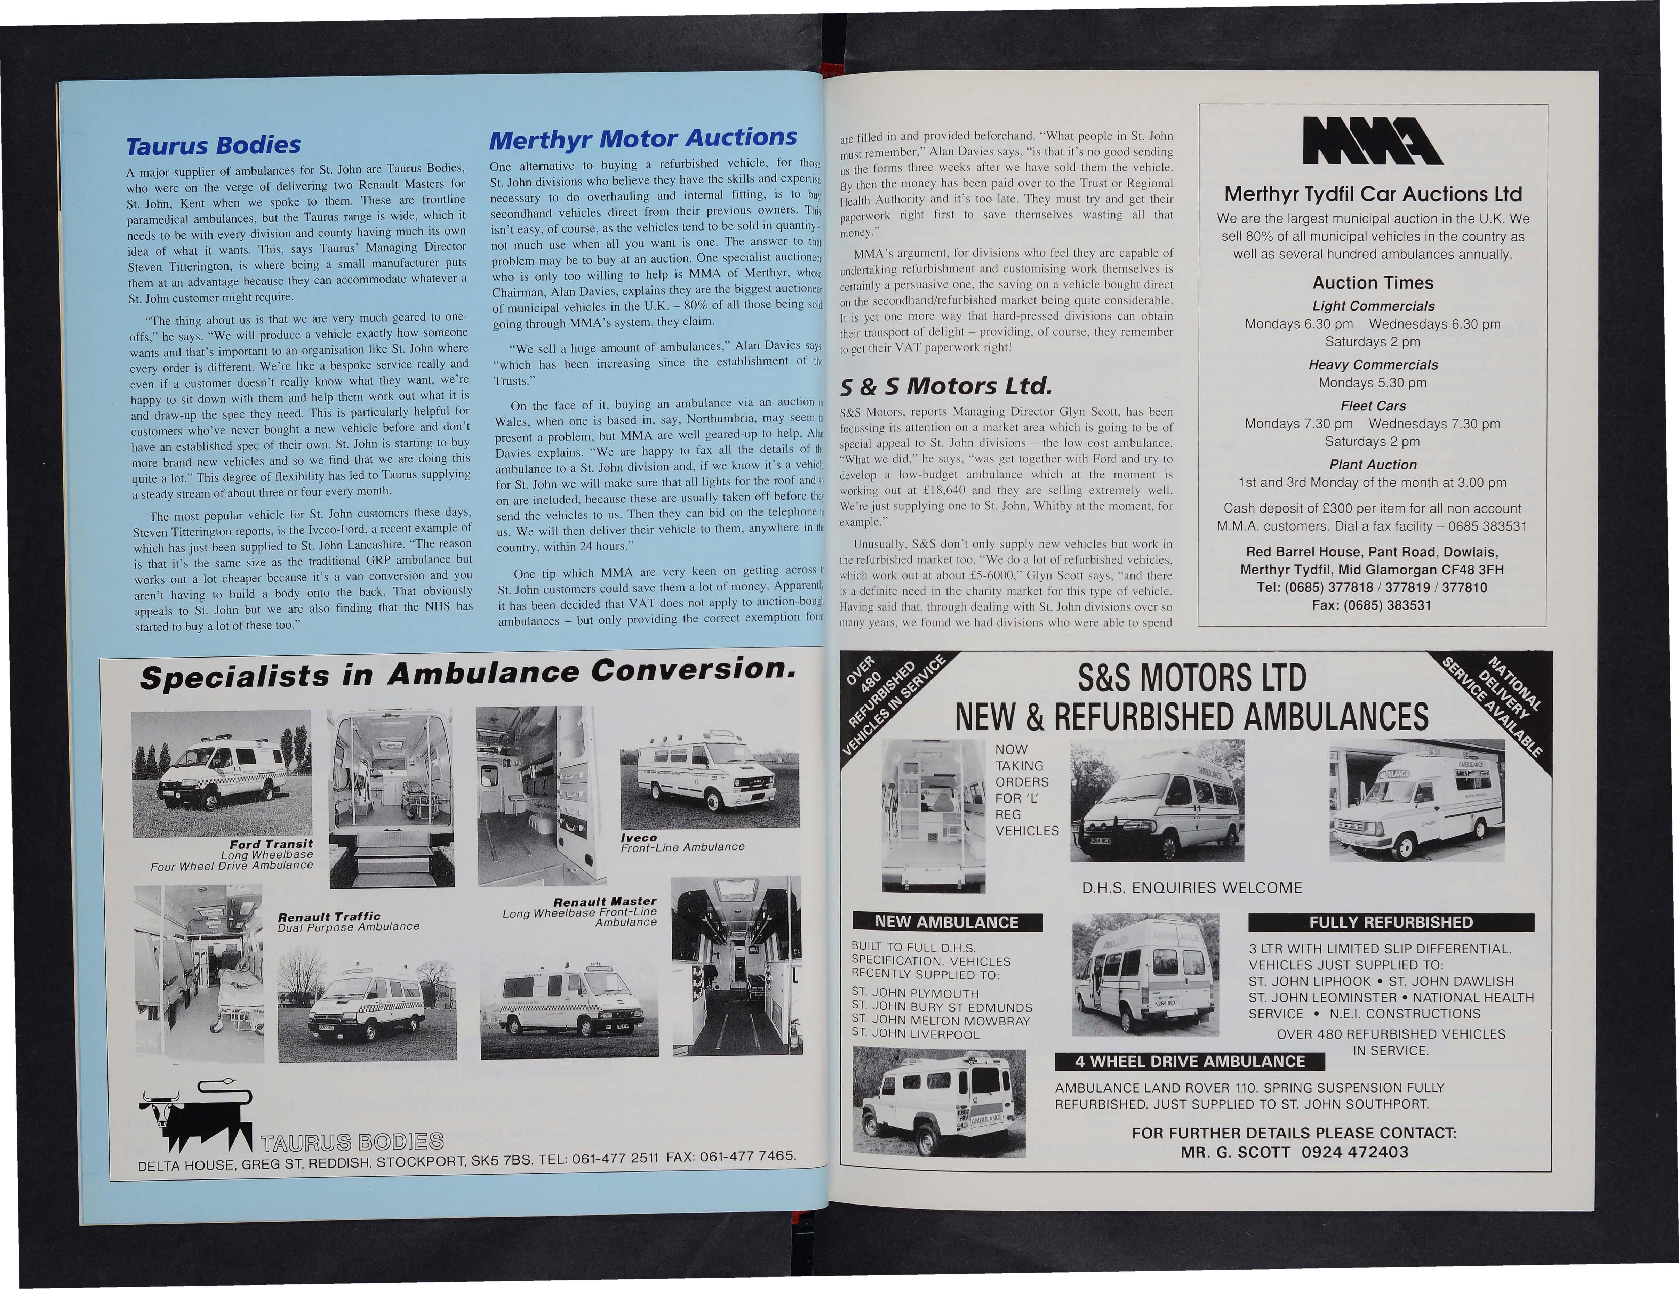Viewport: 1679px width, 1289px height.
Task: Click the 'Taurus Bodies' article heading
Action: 213,145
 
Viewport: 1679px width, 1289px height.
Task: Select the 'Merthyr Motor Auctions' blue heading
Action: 643,138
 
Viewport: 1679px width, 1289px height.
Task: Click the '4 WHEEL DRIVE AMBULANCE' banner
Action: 1189,1061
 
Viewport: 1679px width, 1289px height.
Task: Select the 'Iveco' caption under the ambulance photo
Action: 638,838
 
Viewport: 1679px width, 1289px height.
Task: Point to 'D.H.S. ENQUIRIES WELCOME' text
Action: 1192,888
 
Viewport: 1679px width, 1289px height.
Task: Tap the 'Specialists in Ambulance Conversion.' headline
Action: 465,674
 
